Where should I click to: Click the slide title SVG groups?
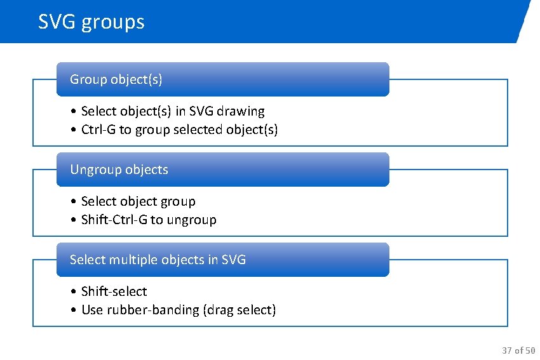tap(91, 22)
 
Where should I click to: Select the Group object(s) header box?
tap(222, 79)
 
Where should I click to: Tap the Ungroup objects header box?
tap(222, 170)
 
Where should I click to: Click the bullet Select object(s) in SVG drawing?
tap(173, 111)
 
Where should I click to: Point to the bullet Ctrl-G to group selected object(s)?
tap(180, 130)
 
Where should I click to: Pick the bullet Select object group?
tap(138, 201)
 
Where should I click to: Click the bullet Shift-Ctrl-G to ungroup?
tap(149, 220)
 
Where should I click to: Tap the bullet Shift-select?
tap(114, 291)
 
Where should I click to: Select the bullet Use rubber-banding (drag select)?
tap(179, 310)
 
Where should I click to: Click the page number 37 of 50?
tap(518, 350)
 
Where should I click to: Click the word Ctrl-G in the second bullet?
tap(98, 130)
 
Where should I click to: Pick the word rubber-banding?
tap(152, 310)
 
